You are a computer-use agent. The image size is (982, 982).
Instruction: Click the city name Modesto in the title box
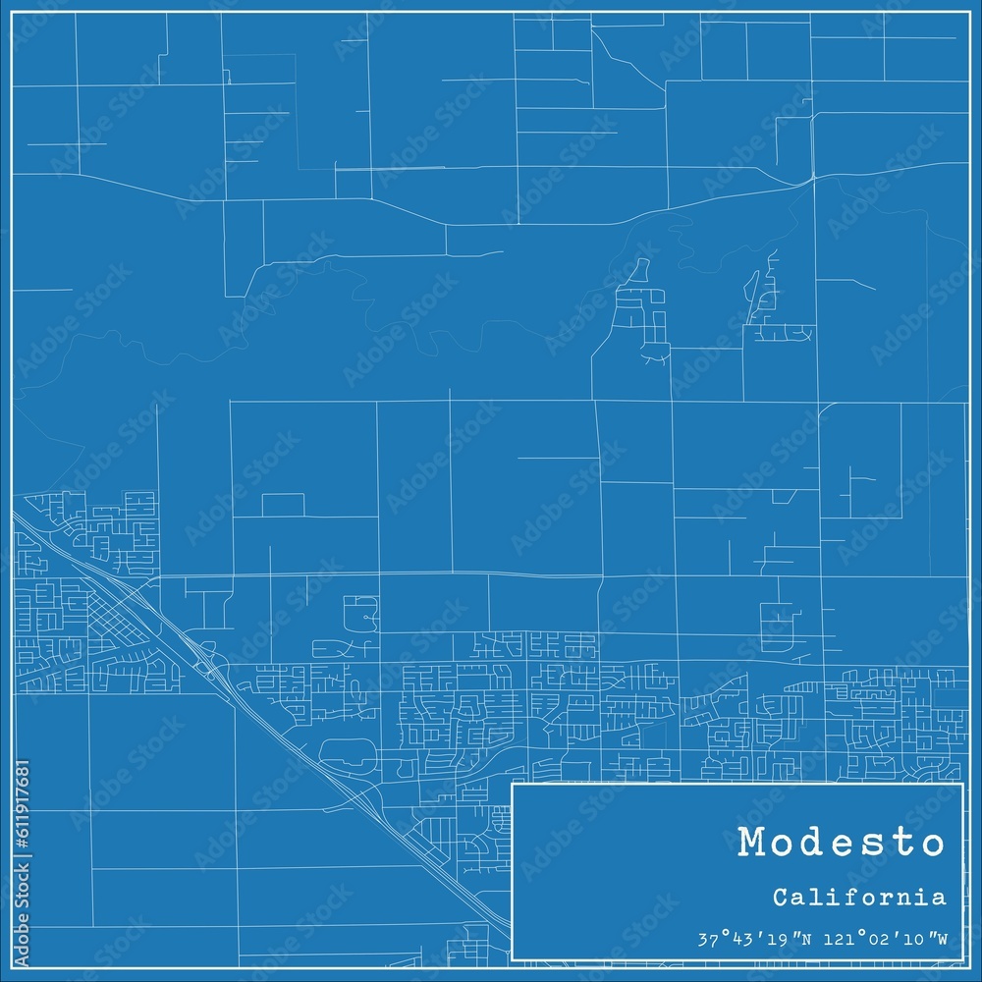coord(841,844)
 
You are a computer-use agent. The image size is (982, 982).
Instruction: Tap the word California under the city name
coord(859,898)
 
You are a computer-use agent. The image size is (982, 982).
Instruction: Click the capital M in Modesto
coord(755,844)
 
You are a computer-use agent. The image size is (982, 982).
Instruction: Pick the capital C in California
coord(779,898)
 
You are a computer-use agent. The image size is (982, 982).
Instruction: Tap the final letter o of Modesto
coord(929,844)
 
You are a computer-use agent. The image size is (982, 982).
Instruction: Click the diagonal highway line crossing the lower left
coord(295,746)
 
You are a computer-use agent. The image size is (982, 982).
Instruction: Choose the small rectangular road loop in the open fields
coord(283,505)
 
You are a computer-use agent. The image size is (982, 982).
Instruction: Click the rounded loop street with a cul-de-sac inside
coord(361,614)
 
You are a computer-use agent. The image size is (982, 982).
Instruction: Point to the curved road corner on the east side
coord(826,408)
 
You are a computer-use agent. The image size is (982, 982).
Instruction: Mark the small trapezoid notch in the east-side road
coord(783,496)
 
